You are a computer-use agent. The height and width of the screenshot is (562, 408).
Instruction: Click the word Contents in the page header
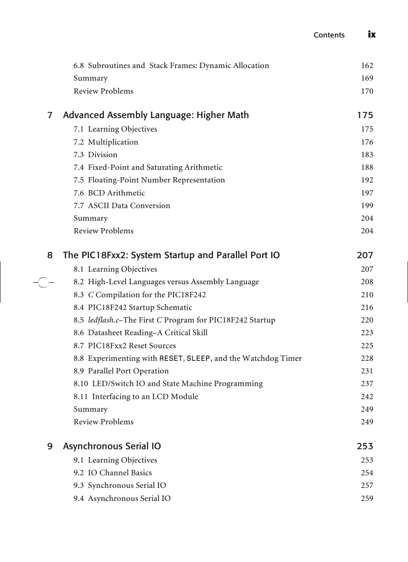[x=329, y=35]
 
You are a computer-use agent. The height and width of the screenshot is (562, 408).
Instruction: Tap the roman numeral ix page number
[x=371, y=35]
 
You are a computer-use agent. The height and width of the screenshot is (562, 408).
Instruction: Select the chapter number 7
[x=50, y=116]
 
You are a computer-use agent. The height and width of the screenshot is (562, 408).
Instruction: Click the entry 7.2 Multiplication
[x=106, y=142]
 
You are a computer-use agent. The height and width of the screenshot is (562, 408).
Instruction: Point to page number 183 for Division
[x=367, y=155]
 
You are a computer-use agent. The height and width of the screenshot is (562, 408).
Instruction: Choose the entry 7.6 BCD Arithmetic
[x=109, y=193]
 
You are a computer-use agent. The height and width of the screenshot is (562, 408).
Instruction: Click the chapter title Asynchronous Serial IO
[x=112, y=446]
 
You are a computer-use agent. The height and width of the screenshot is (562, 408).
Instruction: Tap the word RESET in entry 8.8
[x=170, y=358]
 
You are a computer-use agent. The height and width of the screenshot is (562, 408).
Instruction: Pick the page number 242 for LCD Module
[x=367, y=396]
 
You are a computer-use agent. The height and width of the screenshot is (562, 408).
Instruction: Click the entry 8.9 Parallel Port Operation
[x=121, y=371]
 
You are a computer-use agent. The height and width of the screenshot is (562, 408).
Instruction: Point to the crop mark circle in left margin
[x=43, y=283]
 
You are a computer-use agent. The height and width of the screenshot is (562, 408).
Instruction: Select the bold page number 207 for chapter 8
[x=365, y=256]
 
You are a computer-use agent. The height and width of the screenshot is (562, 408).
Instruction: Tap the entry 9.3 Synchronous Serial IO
[x=120, y=485]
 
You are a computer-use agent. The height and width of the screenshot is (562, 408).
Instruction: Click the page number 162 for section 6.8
[x=367, y=66]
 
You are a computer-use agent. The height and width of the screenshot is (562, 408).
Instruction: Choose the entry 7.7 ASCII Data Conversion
[x=121, y=206]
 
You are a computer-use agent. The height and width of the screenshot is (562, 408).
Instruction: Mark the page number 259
[x=367, y=498]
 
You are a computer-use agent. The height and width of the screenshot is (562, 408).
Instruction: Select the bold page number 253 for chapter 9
[x=365, y=446]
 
